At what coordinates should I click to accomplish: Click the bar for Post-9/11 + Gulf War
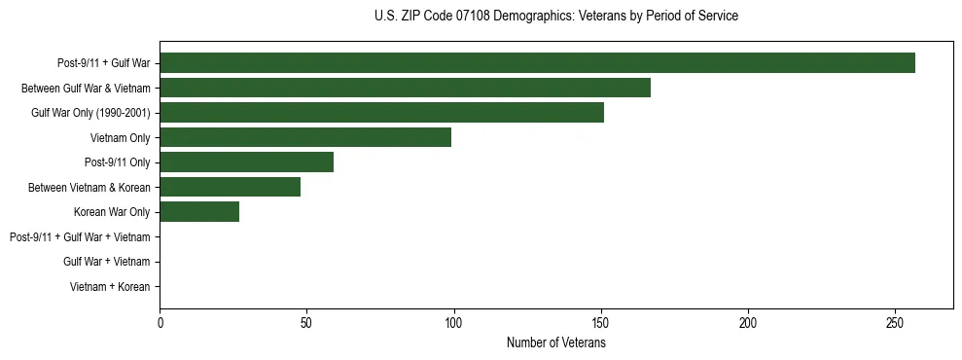pos(537,63)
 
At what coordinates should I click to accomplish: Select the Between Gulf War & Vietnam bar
pos(405,88)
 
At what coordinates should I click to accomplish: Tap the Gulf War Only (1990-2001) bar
pos(381,113)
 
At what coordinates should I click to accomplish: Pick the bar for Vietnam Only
pos(305,137)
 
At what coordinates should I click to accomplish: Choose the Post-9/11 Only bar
pos(246,162)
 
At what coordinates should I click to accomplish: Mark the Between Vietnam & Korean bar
pos(230,187)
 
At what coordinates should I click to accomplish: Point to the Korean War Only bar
pos(199,212)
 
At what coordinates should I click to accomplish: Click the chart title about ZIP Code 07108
pos(555,17)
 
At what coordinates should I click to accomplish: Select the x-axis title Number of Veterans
pos(555,342)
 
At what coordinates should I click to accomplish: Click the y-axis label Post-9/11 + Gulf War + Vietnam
pos(80,236)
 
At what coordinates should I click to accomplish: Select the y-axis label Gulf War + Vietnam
pos(106,262)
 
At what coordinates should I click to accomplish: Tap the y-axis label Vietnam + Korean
pos(110,287)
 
